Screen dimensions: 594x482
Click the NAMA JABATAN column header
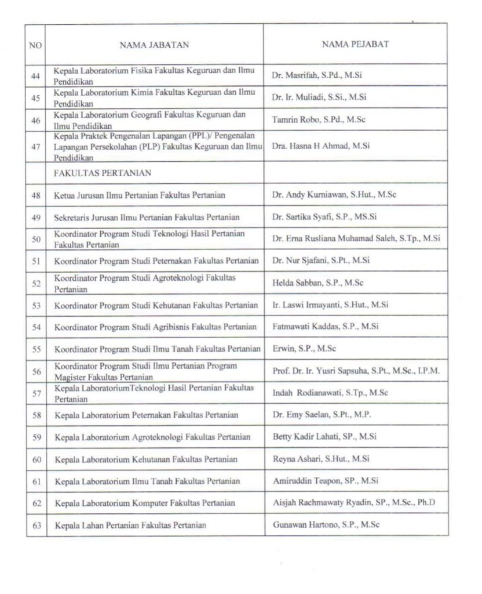click(154, 44)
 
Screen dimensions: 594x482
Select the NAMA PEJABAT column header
click(355, 44)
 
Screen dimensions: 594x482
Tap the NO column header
click(35, 44)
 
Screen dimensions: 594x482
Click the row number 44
click(36, 75)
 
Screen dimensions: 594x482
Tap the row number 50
click(36, 238)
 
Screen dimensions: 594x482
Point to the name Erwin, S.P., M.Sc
click(304, 349)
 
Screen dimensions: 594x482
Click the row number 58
click(36, 415)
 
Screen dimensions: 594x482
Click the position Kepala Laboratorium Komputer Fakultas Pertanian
click(145, 503)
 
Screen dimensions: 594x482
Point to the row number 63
click(36, 525)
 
